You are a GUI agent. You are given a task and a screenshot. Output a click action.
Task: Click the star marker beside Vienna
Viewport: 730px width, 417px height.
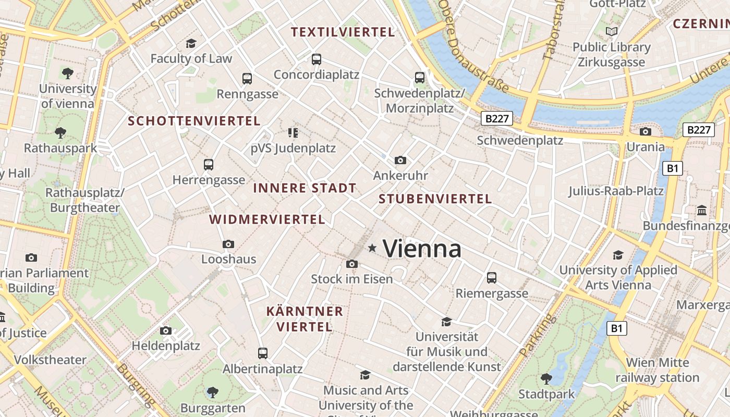372,248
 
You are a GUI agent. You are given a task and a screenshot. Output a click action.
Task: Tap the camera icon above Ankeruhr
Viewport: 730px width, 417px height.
400,160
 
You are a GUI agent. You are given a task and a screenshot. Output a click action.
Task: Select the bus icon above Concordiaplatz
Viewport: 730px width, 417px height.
317,59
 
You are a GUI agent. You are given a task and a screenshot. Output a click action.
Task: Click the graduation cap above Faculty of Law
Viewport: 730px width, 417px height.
191,43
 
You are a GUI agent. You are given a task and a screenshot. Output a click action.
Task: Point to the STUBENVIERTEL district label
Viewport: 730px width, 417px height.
435,199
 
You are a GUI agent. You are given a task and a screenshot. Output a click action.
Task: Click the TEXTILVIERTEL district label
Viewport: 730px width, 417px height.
343,32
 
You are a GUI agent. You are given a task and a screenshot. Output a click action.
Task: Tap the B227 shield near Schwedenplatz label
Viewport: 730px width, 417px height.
496,118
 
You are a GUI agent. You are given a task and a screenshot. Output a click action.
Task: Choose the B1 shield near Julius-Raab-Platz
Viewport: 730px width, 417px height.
673,168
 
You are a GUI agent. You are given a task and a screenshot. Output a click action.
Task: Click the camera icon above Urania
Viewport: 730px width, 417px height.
646,131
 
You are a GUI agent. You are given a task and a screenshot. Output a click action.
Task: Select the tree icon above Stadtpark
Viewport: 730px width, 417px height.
546,378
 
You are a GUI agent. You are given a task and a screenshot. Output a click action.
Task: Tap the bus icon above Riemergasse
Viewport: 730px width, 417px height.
492,277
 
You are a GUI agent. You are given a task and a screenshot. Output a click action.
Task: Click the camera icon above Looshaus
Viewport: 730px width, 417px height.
228,244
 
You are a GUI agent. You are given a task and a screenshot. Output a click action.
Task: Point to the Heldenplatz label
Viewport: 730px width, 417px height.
166,345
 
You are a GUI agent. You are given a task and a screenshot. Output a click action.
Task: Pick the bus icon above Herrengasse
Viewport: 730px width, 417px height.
209,165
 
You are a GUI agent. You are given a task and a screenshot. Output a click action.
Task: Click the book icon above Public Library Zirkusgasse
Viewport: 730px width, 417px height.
612,32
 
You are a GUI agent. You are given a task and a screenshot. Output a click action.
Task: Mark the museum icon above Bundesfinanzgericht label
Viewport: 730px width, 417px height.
702,211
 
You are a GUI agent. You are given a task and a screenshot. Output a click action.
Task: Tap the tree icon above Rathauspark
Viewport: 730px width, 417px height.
60,132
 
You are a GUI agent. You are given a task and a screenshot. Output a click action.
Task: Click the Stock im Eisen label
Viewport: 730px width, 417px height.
352,279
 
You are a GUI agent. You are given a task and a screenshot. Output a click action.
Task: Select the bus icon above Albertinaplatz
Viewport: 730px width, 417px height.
263,353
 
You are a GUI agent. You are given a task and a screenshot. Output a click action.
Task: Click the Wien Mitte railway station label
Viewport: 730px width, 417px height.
658,370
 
